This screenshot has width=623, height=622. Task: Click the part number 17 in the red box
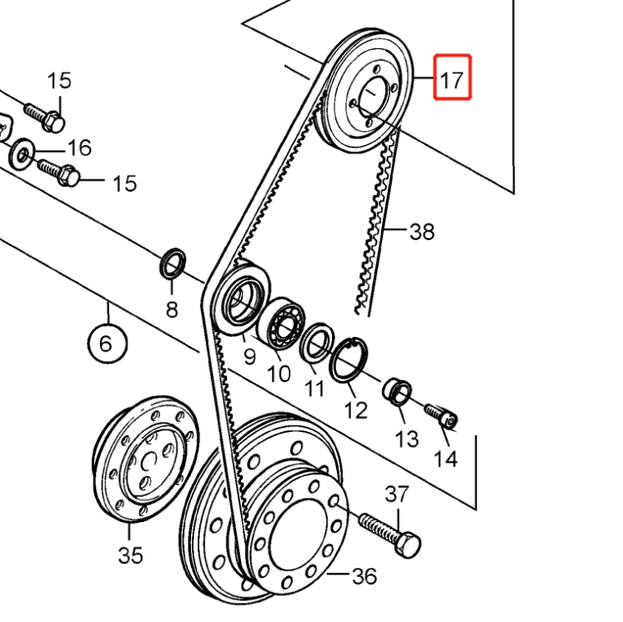coord(452,80)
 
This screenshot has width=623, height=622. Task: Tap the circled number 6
coord(107,343)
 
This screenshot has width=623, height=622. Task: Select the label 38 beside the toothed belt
coord(422,231)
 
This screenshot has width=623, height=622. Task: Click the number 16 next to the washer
coord(79,148)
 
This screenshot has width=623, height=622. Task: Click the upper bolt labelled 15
coord(44,117)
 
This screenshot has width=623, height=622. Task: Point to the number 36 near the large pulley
coord(364,575)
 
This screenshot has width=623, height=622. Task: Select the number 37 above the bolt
coord(397,494)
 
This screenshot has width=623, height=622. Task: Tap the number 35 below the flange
coord(130,555)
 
